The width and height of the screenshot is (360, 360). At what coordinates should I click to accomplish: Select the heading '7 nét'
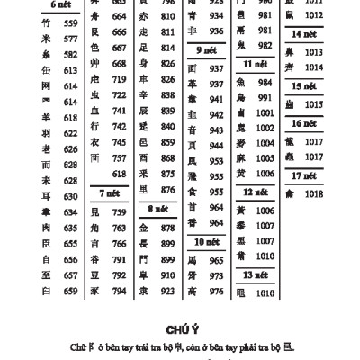tap(109, 193)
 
